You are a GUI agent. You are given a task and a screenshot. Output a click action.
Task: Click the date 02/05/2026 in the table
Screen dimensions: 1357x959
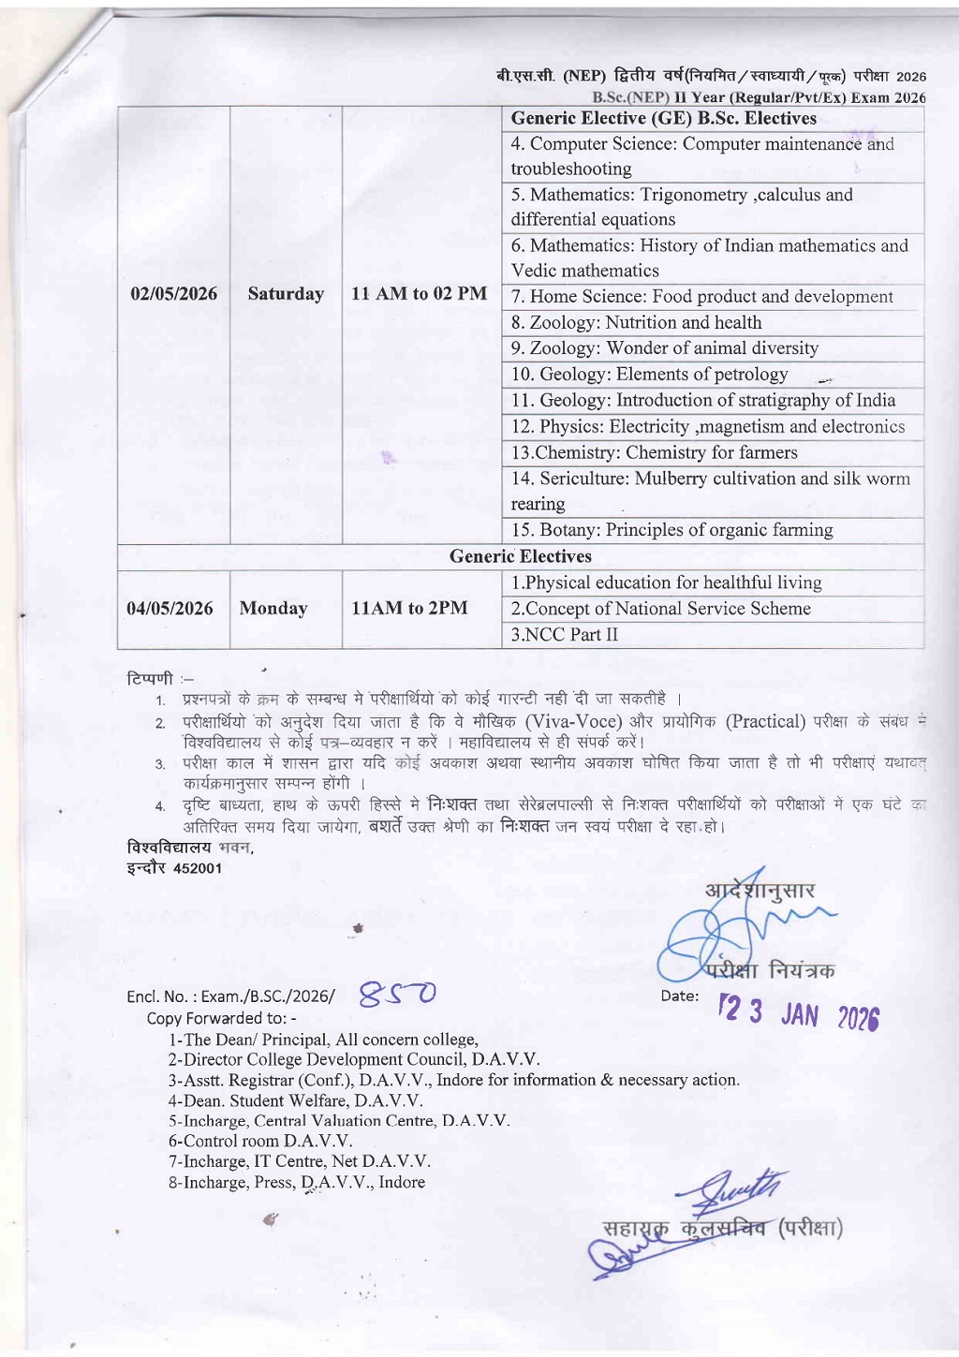point(173,294)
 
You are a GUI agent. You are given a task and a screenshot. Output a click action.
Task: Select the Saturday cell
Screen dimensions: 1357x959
point(286,294)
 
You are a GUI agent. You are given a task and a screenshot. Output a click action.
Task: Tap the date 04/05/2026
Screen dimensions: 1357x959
point(170,609)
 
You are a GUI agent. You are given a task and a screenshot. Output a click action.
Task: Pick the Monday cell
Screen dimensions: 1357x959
point(273,609)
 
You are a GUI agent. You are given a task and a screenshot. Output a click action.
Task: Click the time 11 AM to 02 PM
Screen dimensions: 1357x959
point(419,294)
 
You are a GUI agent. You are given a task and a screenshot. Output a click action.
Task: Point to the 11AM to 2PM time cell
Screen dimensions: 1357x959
point(409,609)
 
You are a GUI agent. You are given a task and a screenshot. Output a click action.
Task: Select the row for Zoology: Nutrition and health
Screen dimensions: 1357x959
point(637,323)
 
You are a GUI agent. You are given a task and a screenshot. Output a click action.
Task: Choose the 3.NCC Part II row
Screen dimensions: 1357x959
point(565,635)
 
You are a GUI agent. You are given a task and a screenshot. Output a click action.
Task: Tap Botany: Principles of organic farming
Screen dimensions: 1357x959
point(672,530)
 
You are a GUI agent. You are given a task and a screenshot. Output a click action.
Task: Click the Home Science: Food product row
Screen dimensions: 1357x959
point(702,297)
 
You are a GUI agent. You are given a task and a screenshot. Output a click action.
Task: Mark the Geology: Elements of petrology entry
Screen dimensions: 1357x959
point(650,375)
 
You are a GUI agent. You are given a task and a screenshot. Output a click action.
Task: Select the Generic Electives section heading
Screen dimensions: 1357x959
point(521,557)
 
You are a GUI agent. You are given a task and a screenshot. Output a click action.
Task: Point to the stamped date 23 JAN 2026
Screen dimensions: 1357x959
point(798,1013)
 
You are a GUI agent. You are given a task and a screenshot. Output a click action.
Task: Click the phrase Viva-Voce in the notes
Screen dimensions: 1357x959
point(573,722)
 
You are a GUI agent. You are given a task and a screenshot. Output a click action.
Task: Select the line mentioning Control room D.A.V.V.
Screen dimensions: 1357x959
point(260,1141)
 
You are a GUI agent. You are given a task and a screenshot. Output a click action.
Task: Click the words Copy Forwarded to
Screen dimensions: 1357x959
point(221,1018)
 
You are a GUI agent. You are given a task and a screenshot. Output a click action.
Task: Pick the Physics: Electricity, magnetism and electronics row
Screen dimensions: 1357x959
point(708,427)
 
